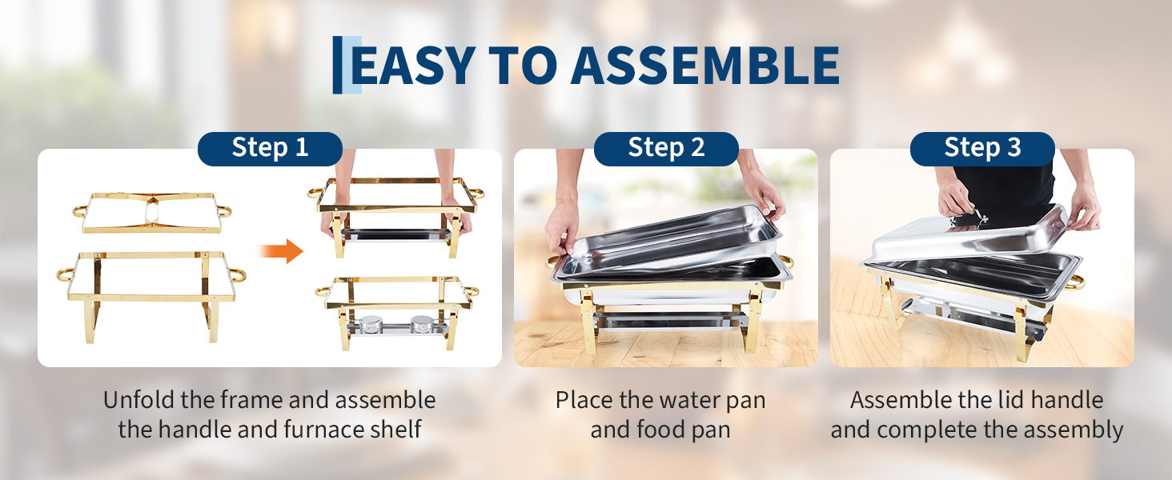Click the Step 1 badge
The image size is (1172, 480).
click(x=270, y=149)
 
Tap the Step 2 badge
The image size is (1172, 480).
click(x=666, y=149)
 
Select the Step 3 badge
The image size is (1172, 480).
click(x=982, y=149)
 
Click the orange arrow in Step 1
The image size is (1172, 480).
click(x=281, y=251)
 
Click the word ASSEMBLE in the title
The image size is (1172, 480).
click(x=705, y=66)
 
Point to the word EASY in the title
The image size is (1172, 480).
click(x=413, y=66)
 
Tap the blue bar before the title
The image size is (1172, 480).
click(x=338, y=65)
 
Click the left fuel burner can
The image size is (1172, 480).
click(x=370, y=324)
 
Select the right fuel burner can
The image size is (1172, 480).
click(x=421, y=324)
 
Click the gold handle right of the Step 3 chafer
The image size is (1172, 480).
click(x=1076, y=283)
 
